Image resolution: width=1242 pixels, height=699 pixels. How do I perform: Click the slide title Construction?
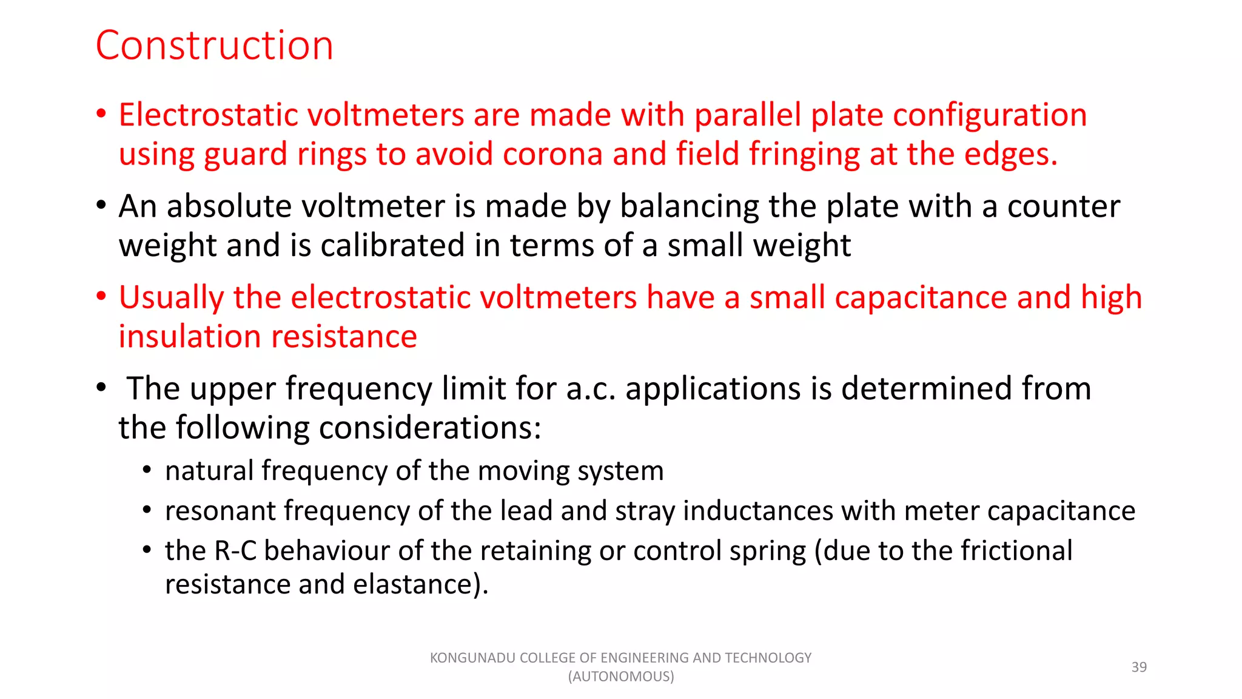coord(214,46)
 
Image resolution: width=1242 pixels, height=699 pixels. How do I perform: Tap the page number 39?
coord(1138,667)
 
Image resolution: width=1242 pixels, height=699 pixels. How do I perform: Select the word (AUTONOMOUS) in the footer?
coord(620,677)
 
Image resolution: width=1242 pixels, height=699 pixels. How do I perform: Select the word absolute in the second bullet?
coord(229,206)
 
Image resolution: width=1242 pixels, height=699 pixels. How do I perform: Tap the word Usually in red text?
coord(171,298)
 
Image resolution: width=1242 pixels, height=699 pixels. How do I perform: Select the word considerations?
coord(430,428)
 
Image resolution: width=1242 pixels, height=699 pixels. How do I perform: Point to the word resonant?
coord(220,511)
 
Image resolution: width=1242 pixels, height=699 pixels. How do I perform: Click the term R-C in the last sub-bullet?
coord(235,551)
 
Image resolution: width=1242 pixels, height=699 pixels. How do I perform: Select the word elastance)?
coord(420,584)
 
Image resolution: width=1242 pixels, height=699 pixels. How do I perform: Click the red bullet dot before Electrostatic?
coord(101,113)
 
